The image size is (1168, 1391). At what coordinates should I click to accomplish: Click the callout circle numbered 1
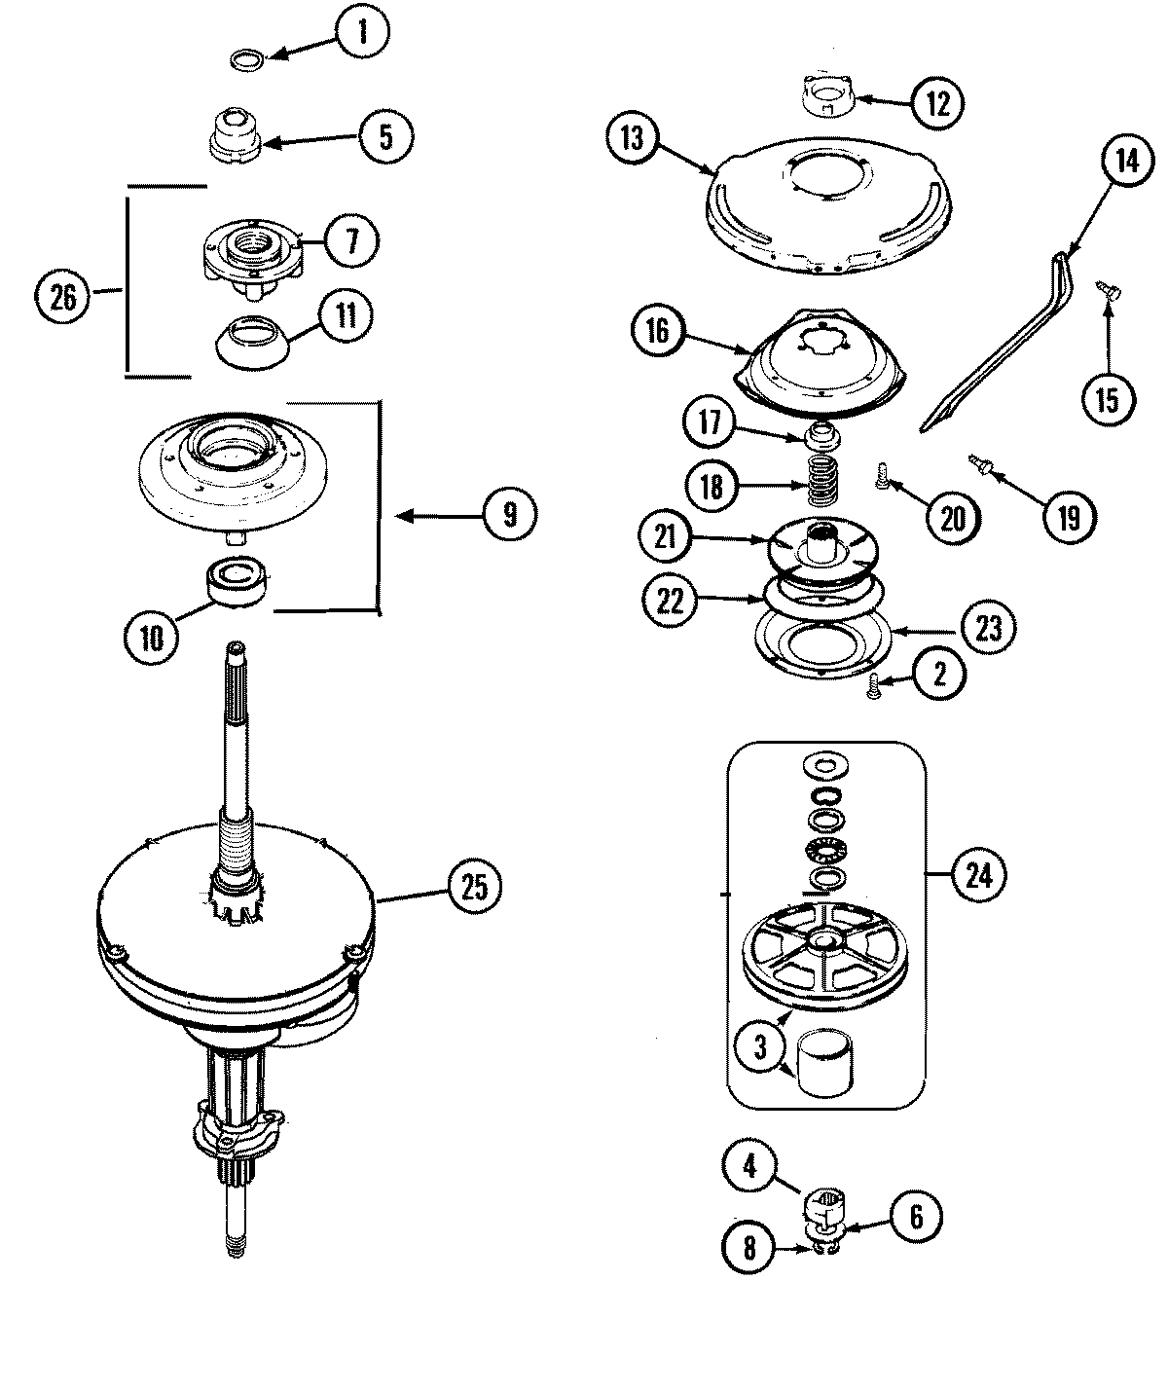362,34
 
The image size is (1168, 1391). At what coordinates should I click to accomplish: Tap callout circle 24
978,874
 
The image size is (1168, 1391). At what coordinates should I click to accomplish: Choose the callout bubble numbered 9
510,514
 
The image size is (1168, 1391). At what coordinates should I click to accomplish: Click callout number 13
633,138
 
